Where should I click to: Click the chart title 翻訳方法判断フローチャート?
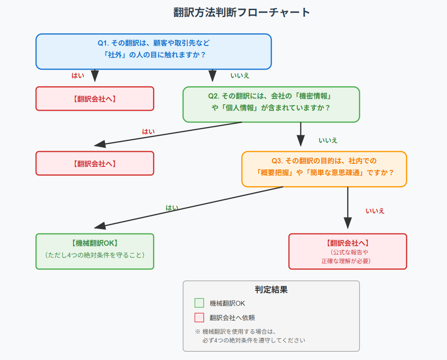click(241, 12)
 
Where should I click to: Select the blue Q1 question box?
click(153, 51)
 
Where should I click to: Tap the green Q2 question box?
click(271, 104)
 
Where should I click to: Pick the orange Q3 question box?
click(324, 169)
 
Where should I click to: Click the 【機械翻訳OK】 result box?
click(95, 251)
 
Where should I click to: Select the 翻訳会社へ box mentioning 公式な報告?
click(348, 251)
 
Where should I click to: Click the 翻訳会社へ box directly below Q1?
click(95, 99)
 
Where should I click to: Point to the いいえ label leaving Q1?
click(240, 75)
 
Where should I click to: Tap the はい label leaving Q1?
click(78, 75)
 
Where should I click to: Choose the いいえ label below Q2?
click(328, 140)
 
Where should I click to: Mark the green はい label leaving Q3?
click(172, 208)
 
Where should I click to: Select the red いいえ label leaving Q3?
click(375, 211)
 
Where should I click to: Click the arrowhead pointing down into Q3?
click(301, 141)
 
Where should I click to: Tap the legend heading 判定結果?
click(271, 289)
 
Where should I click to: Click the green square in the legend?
click(199, 303)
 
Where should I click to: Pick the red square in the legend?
click(199, 318)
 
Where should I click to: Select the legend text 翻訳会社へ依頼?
click(232, 318)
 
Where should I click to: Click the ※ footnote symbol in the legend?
click(197, 332)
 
